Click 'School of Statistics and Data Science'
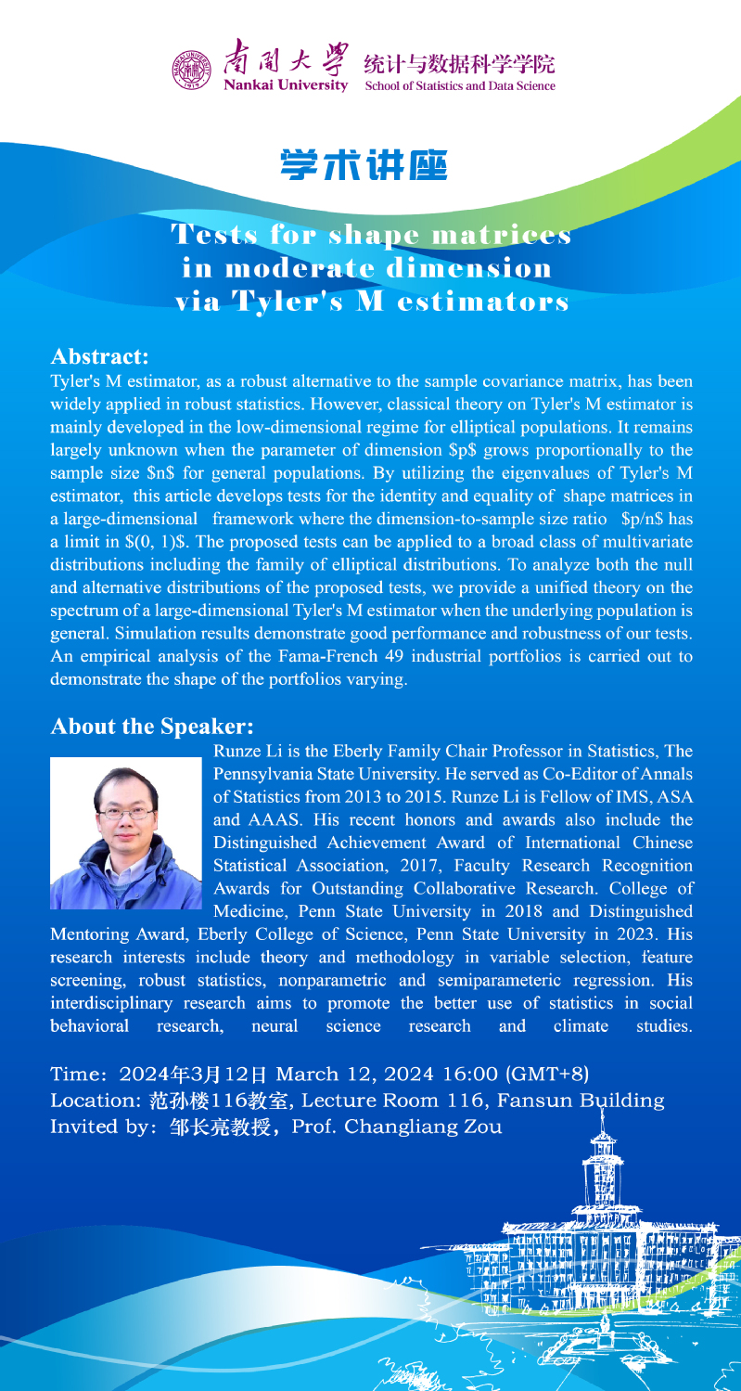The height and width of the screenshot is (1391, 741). tap(460, 86)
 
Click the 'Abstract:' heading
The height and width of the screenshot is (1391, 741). tap(99, 356)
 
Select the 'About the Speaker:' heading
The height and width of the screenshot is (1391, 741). tap(152, 726)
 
